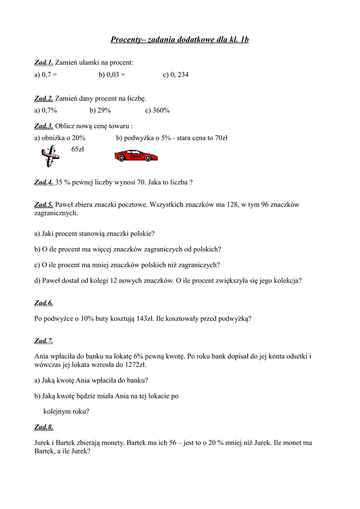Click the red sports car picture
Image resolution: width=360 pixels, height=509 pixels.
pyautogui.click(x=136, y=157)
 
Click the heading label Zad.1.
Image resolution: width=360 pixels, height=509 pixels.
pyautogui.click(x=44, y=63)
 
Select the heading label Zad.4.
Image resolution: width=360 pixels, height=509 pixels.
pyautogui.click(x=44, y=182)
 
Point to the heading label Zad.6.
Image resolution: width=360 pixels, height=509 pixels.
pyautogui.click(x=44, y=303)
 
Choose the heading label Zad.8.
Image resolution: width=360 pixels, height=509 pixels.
pyautogui.click(x=44, y=427)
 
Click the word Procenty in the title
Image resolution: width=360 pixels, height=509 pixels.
pyautogui.click(x=126, y=39)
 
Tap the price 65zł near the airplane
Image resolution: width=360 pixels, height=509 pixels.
pyautogui.click(x=78, y=149)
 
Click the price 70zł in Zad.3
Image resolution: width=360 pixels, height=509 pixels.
pyautogui.click(x=219, y=138)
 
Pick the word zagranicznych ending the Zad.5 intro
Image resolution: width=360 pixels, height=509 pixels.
pyautogui.click(x=55, y=213)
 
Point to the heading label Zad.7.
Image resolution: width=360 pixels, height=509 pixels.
pyautogui.click(x=44, y=341)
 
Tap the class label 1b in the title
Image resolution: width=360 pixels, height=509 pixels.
pyautogui.click(x=244, y=39)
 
